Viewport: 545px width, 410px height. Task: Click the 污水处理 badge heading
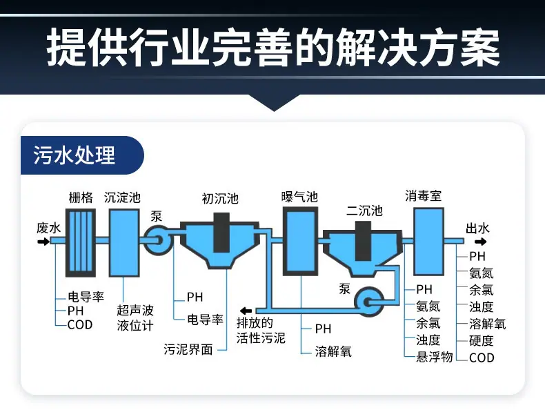(x=74, y=155)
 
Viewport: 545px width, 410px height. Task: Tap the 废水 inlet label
(x=49, y=228)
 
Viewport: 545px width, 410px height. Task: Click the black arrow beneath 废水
(x=43, y=242)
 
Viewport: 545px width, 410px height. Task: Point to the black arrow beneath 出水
(x=481, y=242)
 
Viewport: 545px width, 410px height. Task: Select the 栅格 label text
(x=81, y=197)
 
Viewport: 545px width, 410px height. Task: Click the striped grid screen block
(x=81, y=243)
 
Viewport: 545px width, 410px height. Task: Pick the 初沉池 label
(x=220, y=199)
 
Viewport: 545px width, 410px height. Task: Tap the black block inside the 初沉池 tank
(x=221, y=233)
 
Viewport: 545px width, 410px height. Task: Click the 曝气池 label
(x=299, y=197)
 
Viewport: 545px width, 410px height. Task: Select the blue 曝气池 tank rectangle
(x=300, y=242)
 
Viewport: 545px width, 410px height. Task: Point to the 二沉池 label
(x=364, y=211)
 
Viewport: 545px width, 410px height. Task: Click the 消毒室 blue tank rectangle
(x=428, y=242)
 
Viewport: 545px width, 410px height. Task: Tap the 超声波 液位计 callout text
(x=135, y=318)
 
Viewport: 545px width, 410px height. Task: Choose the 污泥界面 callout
(x=188, y=349)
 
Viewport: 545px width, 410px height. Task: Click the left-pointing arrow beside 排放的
(x=246, y=311)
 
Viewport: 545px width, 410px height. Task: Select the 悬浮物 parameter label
(x=435, y=357)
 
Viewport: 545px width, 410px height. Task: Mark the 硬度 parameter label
(x=482, y=340)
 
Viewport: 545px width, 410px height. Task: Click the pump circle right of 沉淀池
(x=157, y=240)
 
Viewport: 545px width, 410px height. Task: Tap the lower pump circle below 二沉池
(x=369, y=302)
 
